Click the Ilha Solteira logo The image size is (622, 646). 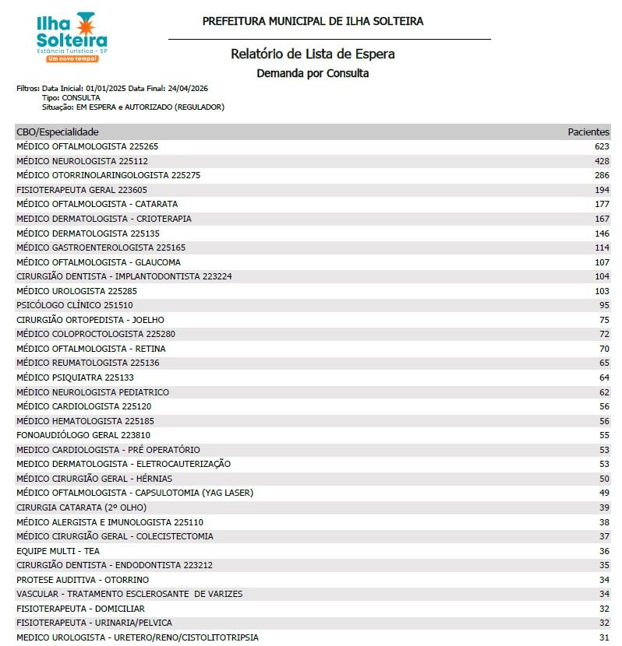(72, 37)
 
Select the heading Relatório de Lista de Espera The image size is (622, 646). (313, 54)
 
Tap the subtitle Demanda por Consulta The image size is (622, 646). (313, 74)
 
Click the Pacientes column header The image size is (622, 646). (588, 132)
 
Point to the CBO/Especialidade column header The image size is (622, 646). (58, 132)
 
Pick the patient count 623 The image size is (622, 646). (601, 146)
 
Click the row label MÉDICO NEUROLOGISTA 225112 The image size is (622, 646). (82, 161)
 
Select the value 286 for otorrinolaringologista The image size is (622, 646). (601, 175)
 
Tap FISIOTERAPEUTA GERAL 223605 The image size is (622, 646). (82, 190)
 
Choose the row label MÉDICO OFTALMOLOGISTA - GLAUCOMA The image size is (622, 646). (98, 262)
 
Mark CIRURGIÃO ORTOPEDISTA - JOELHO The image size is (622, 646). (90, 320)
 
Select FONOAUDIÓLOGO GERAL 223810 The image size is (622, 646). (83, 435)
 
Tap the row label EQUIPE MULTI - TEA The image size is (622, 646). (58, 551)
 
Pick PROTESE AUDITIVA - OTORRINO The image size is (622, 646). (83, 580)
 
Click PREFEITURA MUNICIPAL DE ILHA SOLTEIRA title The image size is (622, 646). (313, 22)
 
